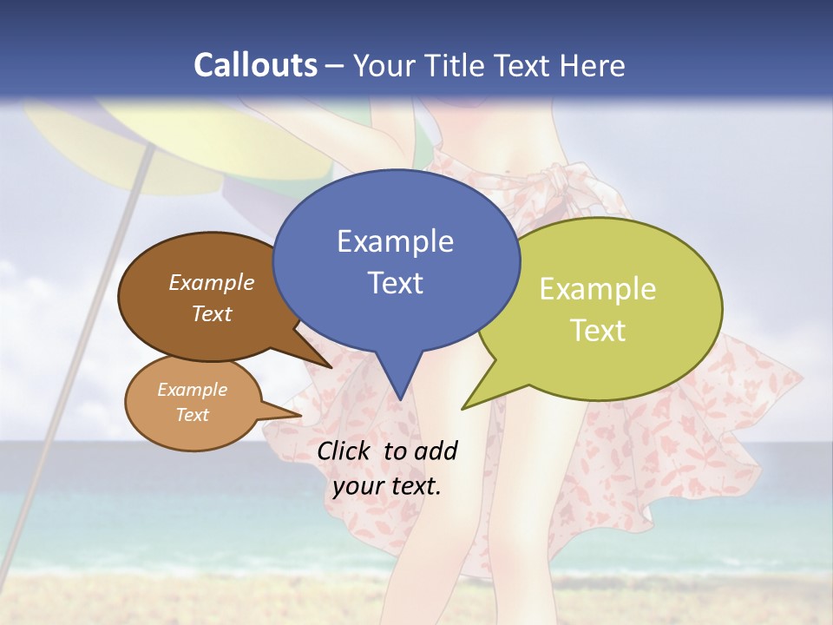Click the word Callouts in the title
pos(255,65)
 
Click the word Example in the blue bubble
pos(395,241)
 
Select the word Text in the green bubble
pos(598,331)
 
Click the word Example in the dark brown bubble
pos(212,283)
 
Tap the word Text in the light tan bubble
pos(192,415)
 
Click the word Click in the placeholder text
pos(345,451)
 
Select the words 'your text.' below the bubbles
pos(387,486)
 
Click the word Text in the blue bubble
pos(395,283)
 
